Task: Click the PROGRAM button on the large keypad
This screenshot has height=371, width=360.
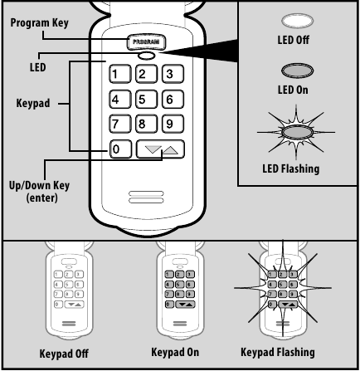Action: click(x=147, y=40)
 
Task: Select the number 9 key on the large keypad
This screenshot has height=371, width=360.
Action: click(x=172, y=126)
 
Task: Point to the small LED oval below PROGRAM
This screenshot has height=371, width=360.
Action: click(x=147, y=56)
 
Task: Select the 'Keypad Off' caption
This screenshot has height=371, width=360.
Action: click(x=63, y=353)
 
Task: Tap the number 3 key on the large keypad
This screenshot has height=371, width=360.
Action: click(x=172, y=72)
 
